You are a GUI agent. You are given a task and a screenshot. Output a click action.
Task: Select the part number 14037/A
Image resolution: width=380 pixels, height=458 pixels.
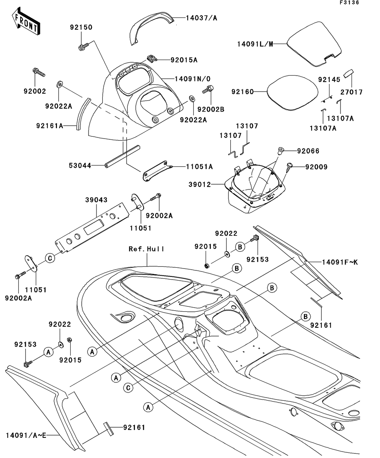[x=199, y=17]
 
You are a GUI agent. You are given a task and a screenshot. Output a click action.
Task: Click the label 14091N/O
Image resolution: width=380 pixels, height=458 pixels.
[x=192, y=79]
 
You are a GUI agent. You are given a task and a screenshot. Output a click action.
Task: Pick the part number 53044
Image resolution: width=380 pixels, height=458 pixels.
[x=80, y=166]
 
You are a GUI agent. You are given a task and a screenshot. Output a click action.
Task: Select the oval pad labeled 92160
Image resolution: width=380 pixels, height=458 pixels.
[x=291, y=92]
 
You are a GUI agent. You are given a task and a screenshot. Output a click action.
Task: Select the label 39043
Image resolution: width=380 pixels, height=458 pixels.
[x=96, y=200]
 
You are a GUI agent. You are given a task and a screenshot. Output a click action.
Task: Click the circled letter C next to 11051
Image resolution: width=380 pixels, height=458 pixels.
[x=49, y=258]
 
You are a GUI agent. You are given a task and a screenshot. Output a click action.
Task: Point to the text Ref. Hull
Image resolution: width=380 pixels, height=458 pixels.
[x=147, y=249]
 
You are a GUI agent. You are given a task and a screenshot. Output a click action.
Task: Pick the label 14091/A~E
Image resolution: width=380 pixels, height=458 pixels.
[x=26, y=435]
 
